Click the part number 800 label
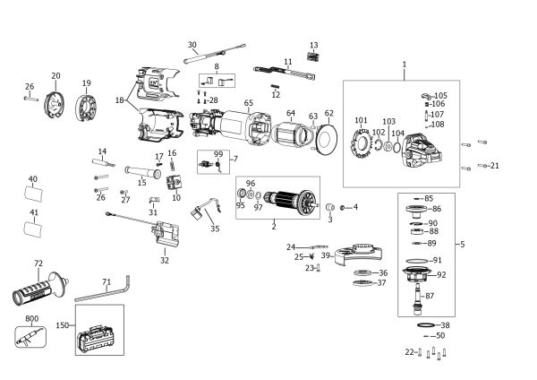31,318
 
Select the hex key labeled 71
103,290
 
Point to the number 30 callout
192,45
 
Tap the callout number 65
248,104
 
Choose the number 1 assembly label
404,64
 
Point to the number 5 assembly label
462,244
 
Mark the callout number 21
495,166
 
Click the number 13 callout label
313,44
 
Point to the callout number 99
217,155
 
